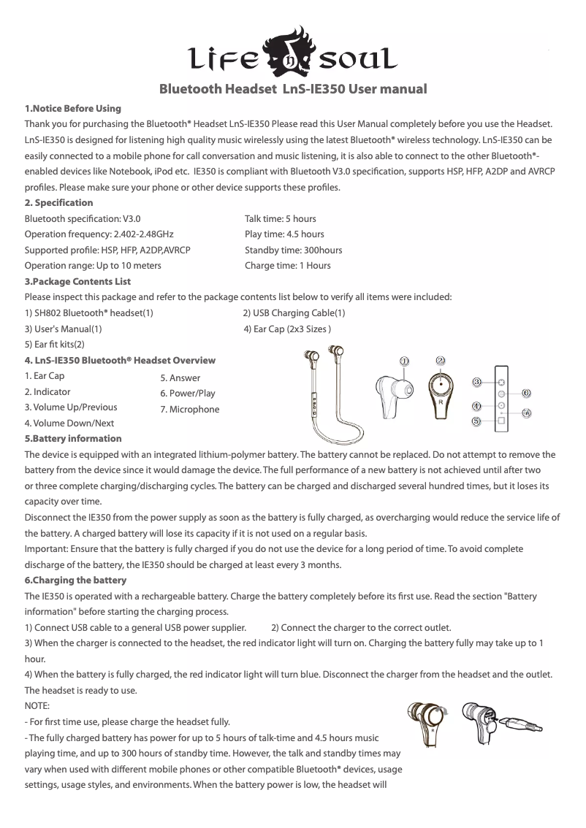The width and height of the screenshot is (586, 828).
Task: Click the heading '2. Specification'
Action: click(58, 202)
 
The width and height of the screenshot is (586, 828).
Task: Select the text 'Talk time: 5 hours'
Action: click(280, 218)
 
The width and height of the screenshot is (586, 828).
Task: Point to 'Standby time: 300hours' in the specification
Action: click(293, 250)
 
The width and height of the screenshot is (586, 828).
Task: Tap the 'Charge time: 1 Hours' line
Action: click(287, 265)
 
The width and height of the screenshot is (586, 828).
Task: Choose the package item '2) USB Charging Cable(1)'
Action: click(294, 313)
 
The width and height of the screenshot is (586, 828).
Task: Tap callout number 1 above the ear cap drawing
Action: click(403, 361)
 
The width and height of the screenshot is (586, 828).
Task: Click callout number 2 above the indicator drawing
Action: click(441, 360)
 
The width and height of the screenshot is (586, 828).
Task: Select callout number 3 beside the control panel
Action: click(476, 381)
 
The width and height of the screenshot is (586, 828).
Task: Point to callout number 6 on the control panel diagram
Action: click(526, 392)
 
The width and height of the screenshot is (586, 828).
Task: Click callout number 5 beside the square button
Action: click(476, 421)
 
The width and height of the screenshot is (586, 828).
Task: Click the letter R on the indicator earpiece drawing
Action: click(441, 402)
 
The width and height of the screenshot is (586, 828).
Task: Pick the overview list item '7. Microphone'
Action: click(189, 409)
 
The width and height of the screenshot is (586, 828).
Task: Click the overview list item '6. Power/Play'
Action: click(187, 394)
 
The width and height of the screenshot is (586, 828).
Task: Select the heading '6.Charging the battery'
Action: click(75, 580)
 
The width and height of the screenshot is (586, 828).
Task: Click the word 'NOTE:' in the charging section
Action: click(37, 706)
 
